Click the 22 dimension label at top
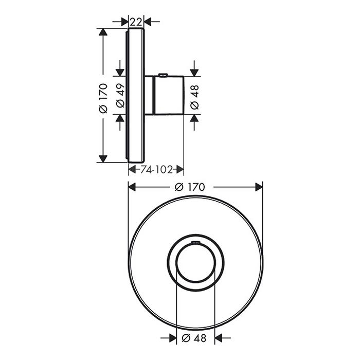[136, 22]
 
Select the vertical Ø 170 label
[103, 98]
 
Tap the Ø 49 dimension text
[120, 96]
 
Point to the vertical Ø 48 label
[194, 97]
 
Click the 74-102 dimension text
[156, 170]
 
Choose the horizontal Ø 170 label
[190, 187]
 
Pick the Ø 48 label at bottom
[194, 338]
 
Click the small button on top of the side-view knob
[163, 75]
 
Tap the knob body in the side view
[169, 95]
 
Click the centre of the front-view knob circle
[195, 263]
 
